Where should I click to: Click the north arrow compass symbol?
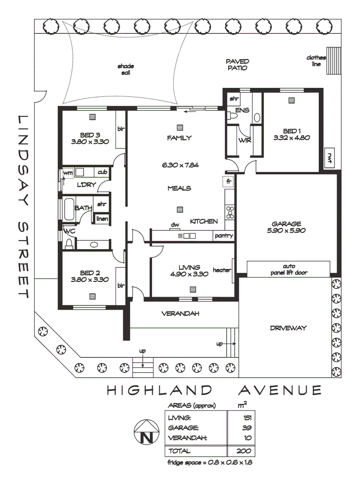click(x=145, y=431)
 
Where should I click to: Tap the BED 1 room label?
click(x=292, y=131)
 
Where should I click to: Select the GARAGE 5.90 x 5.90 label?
click(x=286, y=227)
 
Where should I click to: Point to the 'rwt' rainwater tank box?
click(x=330, y=157)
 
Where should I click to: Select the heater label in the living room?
click(x=221, y=270)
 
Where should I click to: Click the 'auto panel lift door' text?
click(x=289, y=269)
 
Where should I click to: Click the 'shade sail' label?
click(x=126, y=69)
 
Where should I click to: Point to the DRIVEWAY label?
click(x=288, y=328)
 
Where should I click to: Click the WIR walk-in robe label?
click(x=244, y=140)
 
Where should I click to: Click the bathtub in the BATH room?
click(x=68, y=208)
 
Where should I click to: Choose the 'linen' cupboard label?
click(x=102, y=218)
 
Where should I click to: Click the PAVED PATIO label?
click(x=237, y=65)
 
